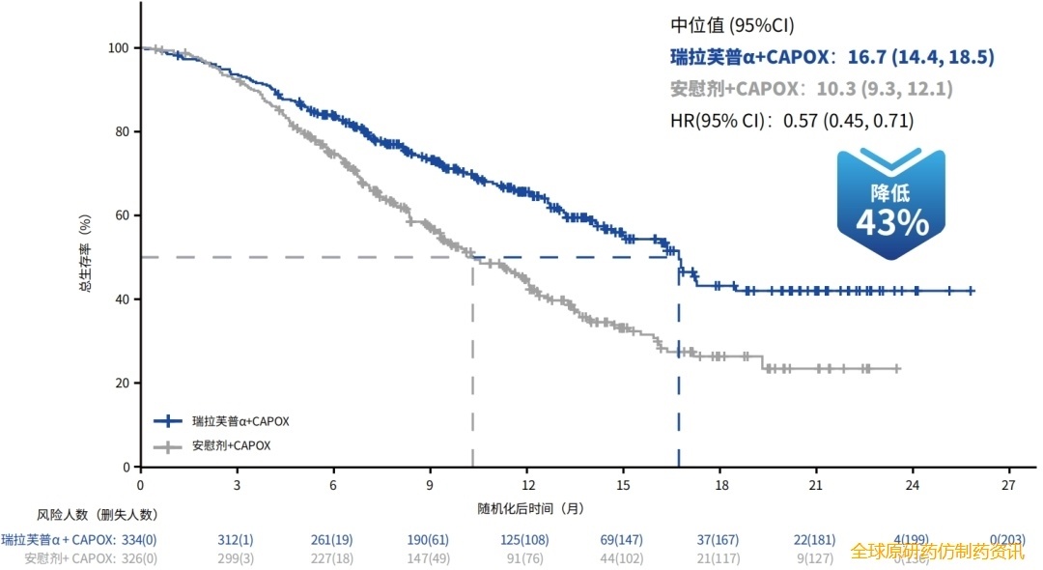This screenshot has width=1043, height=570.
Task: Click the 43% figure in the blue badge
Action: point(891,223)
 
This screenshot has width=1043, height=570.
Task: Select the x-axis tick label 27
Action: point(1008,485)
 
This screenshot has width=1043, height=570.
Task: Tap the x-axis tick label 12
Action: point(526,485)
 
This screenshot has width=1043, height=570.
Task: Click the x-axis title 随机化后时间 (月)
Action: point(530,508)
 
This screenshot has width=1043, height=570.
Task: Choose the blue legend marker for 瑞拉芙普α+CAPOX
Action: point(169,421)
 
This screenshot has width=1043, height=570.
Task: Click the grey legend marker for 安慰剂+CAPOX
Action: point(169,446)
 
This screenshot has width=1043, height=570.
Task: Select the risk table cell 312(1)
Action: point(236,539)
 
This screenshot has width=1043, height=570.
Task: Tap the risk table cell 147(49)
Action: point(429,556)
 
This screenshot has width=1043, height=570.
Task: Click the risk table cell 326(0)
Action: point(138,556)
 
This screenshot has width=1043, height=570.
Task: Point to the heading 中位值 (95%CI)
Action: point(732,26)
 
